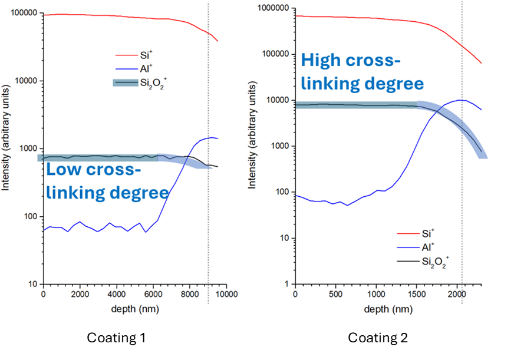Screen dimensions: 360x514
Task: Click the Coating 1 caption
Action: [x=116, y=338]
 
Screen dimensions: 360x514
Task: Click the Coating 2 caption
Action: [x=378, y=338]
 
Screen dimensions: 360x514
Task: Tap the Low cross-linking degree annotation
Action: [x=107, y=181]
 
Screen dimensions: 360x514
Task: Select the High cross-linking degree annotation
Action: [x=363, y=72]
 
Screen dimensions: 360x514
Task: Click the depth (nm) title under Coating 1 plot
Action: [x=131, y=308]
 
